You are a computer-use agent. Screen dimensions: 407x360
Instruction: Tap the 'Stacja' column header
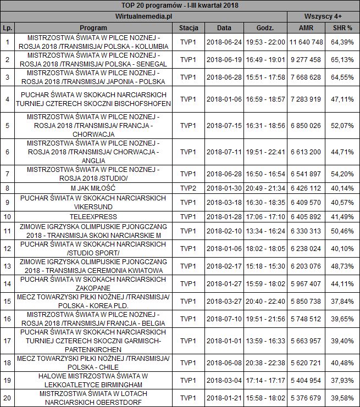pyautogui.click(x=189, y=27)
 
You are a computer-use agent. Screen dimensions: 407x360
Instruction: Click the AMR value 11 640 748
pyautogui.click(x=306, y=42)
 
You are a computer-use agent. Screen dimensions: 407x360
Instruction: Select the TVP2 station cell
pyautogui.click(x=189, y=188)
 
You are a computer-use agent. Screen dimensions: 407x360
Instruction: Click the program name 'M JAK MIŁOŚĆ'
pyautogui.click(x=93, y=188)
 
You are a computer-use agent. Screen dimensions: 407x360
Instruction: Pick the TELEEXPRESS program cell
pyautogui.click(x=93, y=216)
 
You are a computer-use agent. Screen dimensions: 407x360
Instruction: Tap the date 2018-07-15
pyautogui.click(x=224, y=126)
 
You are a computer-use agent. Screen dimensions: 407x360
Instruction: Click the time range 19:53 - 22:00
pyautogui.click(x=265, y=42)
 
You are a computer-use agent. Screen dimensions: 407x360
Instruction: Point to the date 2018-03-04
pyautogui.click(x=224, y=380)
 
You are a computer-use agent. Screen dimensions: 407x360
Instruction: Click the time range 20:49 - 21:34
pyautogui.click(x=265, y=188)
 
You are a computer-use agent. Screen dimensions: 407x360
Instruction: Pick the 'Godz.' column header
pyautogui.click(x=265, y=27)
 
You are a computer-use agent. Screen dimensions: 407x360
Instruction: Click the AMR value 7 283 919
pyautogui.click(x=306, y=99)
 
